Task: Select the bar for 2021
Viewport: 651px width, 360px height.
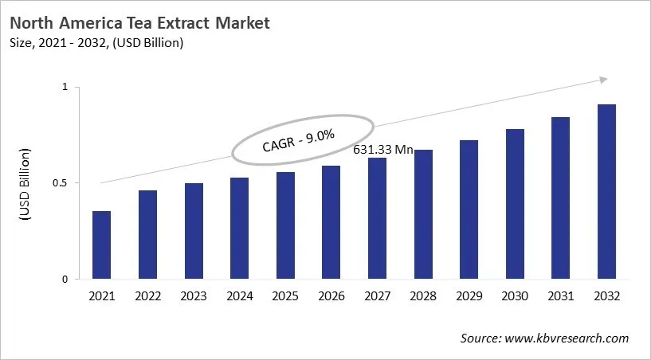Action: [102, 245]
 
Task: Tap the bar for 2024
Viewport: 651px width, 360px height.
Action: [239, 229]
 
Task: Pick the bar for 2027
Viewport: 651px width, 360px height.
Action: [377, 219]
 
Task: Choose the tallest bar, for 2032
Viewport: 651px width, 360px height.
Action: [606, 192]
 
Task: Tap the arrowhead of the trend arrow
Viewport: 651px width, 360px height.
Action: [603, 79]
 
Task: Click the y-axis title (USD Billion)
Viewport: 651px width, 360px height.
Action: [24, 184]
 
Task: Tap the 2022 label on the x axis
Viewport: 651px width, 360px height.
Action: [147, 296]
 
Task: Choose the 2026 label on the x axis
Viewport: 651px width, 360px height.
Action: [331, 296]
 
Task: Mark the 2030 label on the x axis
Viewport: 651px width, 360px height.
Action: [515, 296]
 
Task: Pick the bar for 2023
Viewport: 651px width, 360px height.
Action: [194, 232]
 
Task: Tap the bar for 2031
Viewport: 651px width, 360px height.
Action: [560, 198]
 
